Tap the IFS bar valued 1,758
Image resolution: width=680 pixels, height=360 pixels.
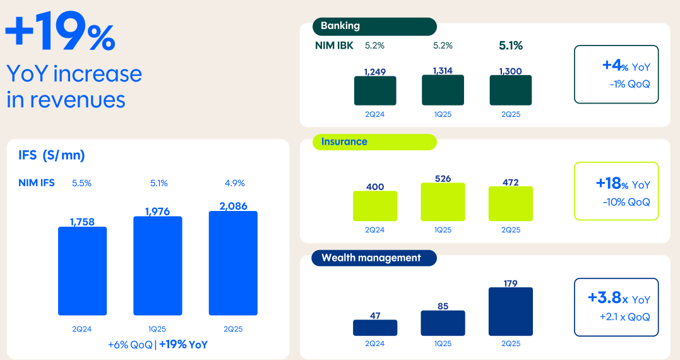click(82, 271)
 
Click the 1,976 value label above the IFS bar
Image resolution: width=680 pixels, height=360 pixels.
click(157, 211)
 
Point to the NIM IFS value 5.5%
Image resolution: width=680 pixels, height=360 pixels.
click(81, 183)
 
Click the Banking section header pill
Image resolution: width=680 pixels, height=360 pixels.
click(374, 27)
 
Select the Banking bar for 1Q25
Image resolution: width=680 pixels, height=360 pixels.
click(443, 90)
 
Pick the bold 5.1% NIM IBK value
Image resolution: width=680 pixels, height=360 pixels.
click(511, 45)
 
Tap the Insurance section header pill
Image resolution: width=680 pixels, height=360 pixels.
click(374, 142)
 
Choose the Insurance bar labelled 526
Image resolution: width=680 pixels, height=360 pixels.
click(443, 202)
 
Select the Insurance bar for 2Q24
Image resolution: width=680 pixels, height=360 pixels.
click(375, 206)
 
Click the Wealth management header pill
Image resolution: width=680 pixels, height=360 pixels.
click(374, 258)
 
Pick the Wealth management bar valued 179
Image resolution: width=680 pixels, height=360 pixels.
click(511, 312)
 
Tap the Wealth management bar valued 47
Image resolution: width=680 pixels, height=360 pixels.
click(375, 328)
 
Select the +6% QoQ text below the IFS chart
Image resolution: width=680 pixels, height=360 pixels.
click(131, 345)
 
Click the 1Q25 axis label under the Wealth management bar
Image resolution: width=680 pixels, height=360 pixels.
click(443, 344)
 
